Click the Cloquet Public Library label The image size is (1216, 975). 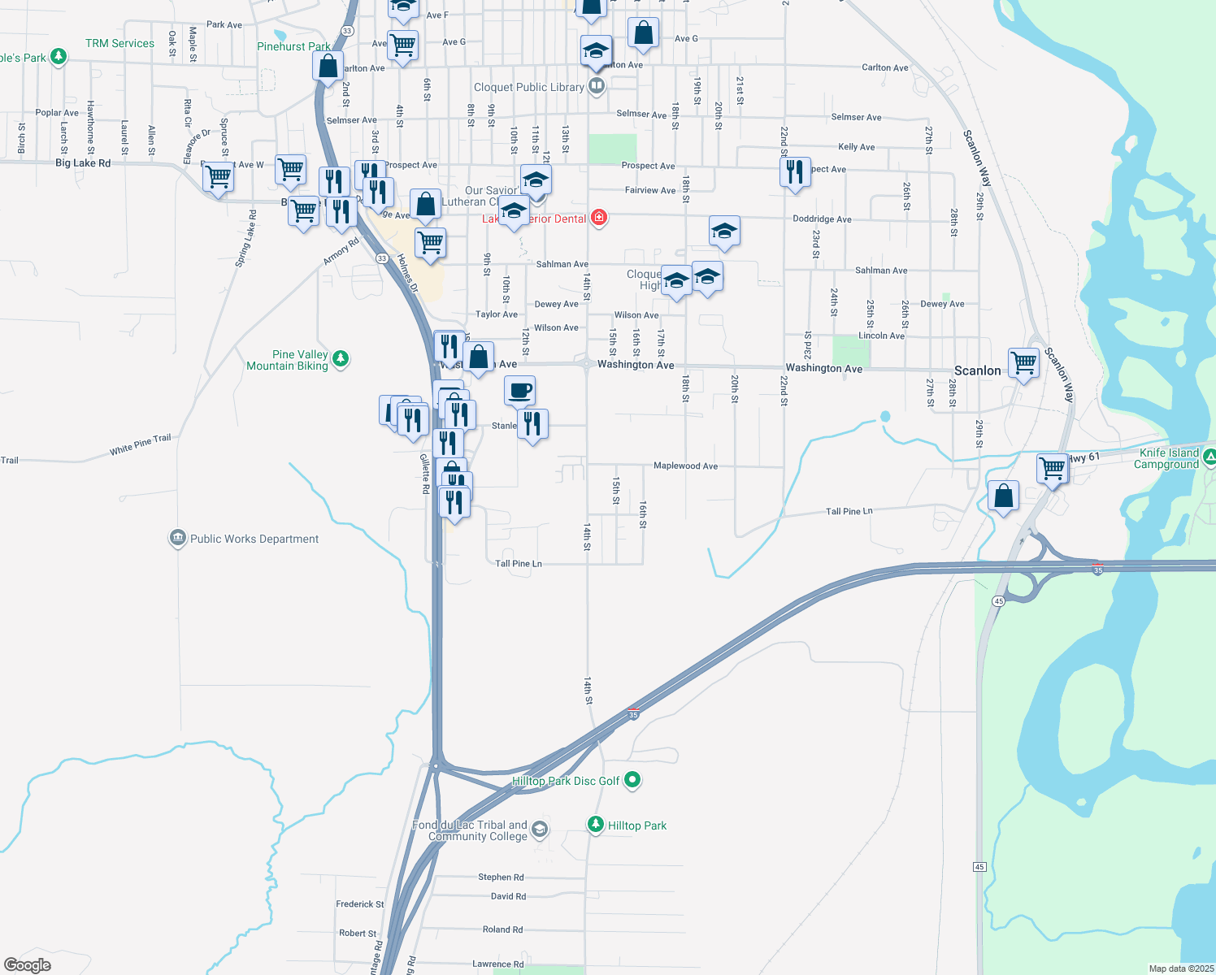[528, 87]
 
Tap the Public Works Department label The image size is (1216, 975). [254, 539]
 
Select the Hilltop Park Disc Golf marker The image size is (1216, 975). [633, 780]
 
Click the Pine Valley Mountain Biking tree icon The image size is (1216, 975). [341, 358]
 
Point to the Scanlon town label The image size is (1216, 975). [977, 370]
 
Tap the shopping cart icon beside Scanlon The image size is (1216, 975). [1023, 362]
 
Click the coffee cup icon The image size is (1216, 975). [519, 391]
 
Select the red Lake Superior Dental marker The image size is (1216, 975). [599, 217]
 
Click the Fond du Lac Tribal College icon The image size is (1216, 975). [540, 830]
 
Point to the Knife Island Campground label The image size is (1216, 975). [1168, 458]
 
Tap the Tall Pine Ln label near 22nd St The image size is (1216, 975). [849, 511]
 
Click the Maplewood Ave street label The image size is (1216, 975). [685, 466]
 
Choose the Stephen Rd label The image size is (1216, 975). [501, 877]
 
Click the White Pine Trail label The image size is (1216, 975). [141, 444]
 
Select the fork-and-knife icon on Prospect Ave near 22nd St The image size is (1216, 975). [795, 172]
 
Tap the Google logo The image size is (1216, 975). [28, 965]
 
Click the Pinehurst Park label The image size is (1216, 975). [293, 46]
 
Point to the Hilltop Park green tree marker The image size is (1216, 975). [596, 825]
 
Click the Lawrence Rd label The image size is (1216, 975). [497, 964]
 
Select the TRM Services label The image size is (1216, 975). [119, 43]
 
